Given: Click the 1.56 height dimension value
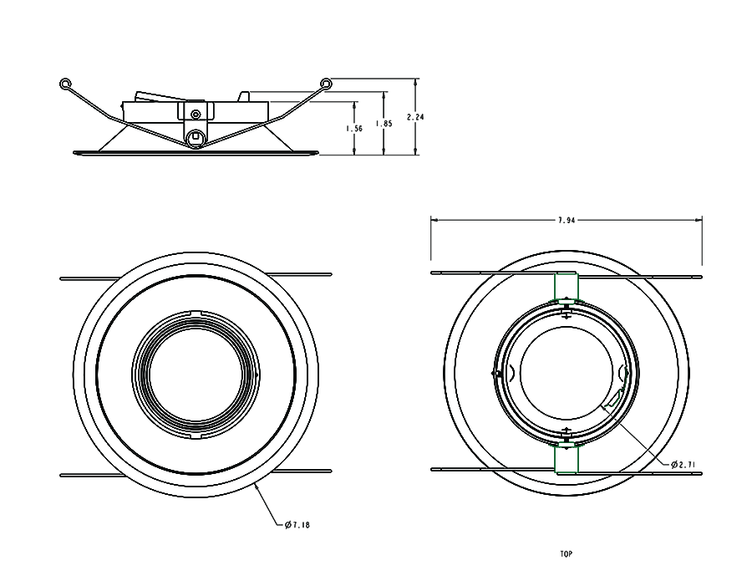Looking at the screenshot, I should [x=354, y=129].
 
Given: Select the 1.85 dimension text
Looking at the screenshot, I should [x=384, y=123].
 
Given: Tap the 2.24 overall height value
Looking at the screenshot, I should [x=415, y=117].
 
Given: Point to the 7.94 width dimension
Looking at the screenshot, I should [x=566, y=220].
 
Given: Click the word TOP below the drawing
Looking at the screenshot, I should [x=566, y=553].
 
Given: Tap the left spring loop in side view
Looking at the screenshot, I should [x=66, y=84].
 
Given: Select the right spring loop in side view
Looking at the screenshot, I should [x=326, y=84].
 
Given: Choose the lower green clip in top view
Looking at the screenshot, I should [x=567, y=459].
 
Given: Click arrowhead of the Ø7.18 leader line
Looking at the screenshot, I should [x=255, y=486].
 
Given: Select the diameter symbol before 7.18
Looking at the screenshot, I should [x=287, y=525].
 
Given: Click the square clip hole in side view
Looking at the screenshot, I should [x=196, y=136].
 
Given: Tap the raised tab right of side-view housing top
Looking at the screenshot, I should [x=245, y=96].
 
